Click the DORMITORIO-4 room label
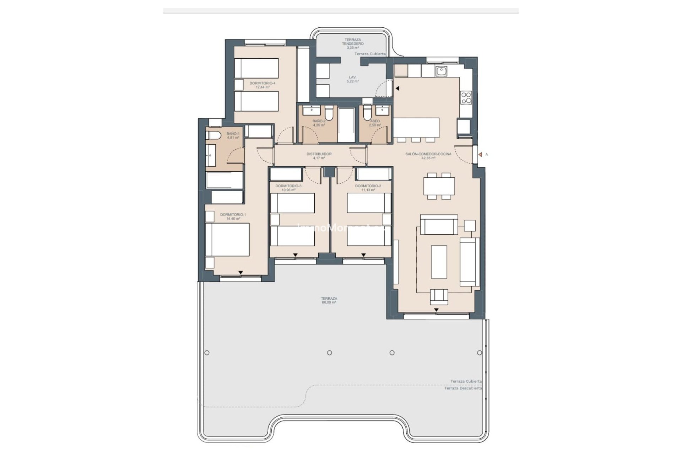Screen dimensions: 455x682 [x=262, y=83]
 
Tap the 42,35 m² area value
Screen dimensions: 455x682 [x=428, y=158]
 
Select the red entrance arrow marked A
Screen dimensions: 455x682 [x=480, y=155]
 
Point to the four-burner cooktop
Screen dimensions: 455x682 [x=466, y=97]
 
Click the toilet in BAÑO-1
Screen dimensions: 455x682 [x=212, y=135]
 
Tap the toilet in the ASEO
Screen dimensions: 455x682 [x=367, y=113]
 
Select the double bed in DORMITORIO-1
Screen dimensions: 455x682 [x=227, y=240]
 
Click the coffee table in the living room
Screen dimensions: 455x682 [x=439, y=262]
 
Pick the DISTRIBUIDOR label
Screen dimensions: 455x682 [x=319, y=154]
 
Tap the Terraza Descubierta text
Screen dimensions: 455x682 [x=463, y=388]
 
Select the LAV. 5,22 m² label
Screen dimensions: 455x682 [x=352, y=79]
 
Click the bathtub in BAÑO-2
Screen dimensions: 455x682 [x=346, y=125]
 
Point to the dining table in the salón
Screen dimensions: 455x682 [x=439, y=186]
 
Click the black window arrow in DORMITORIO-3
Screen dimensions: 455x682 [x=295, y=255]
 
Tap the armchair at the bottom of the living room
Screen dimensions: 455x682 [x=439, y=297]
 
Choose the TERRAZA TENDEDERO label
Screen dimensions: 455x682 [x=353, y=42]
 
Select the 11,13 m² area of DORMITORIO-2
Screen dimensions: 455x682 [x=368, y=190]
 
